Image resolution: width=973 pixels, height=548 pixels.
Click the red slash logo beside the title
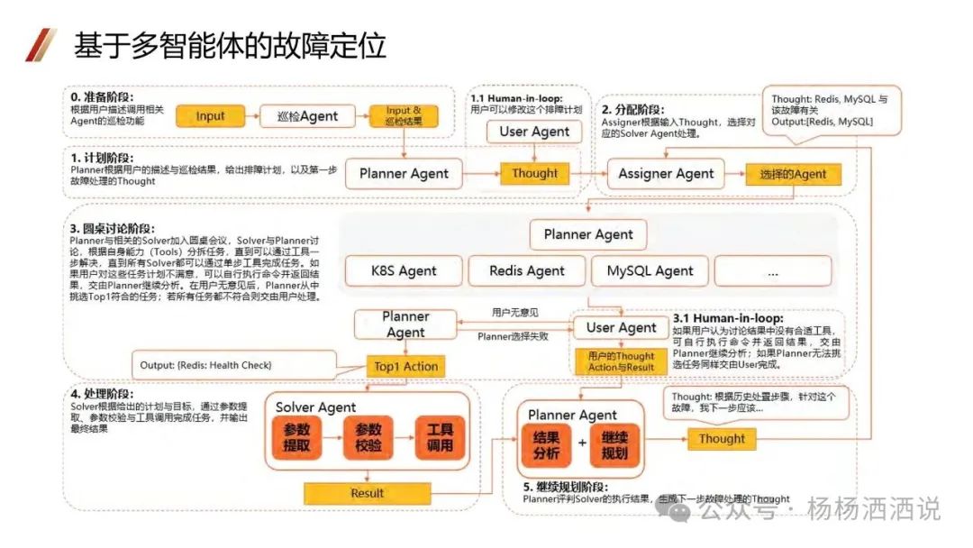tap(40, 44)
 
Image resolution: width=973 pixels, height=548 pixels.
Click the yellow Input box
tap(210, 115)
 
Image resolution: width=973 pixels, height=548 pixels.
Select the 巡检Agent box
tap(305, 115)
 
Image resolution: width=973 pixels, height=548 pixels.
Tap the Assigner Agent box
tap(665, 174)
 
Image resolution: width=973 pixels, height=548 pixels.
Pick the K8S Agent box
tap(404, 270)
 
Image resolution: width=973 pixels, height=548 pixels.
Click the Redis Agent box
tap(526, 270)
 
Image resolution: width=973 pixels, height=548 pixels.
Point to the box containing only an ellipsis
tap(772, 270)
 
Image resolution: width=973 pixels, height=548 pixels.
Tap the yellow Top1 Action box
tap(405, 366)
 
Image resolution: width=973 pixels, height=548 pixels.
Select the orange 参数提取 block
tap(296, 437)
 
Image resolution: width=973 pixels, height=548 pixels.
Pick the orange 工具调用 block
tap(440, 437)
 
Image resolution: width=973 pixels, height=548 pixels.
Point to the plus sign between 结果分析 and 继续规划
tap(581, 444)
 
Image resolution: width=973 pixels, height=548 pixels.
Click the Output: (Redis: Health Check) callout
tap(205, 365)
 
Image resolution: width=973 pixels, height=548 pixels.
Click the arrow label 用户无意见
tap(514, 312)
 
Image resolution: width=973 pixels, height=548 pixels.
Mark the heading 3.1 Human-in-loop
tap(728, 318)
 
